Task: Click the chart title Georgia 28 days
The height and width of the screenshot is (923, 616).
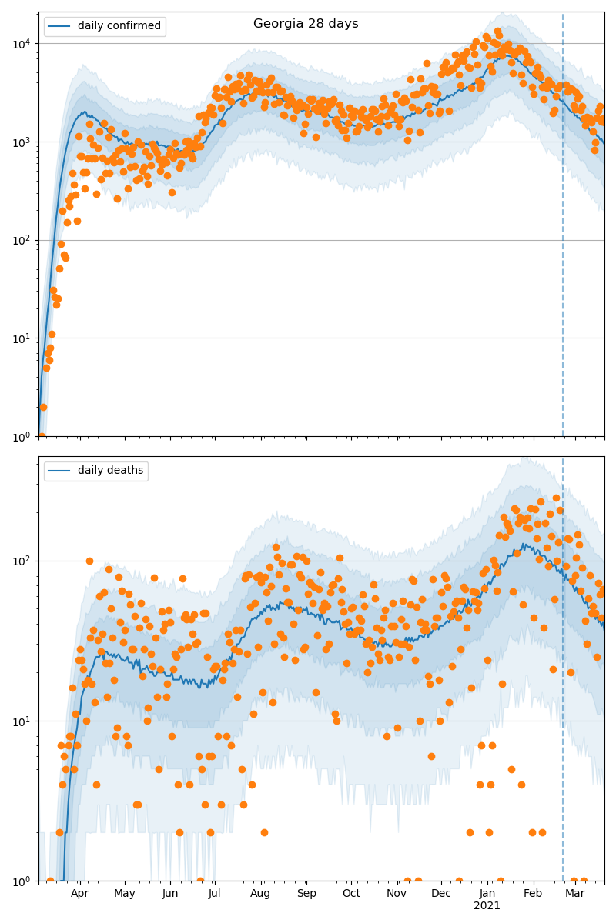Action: coord(306,24)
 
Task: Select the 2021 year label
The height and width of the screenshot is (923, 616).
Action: coord(487,906)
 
